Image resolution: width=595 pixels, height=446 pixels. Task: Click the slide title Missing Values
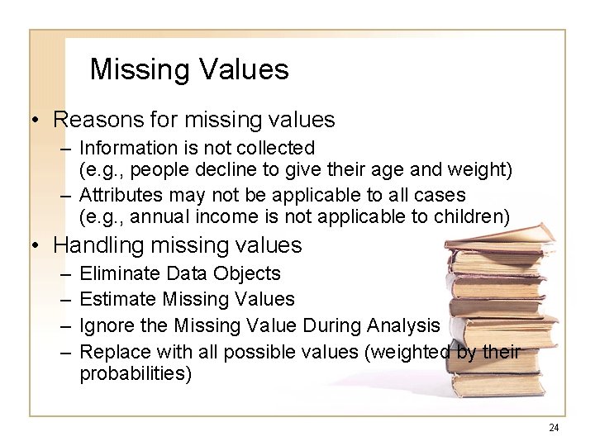(x=189, y=69)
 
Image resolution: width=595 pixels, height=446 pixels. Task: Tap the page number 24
(x=554, y=427)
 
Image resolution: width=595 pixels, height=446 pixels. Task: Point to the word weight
(x=481, y=170)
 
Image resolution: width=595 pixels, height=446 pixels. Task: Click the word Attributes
(x=120, y=195)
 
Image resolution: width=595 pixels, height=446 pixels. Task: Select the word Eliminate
(x=117, y=273)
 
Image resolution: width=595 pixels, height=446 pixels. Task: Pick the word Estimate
(x=117, y=298)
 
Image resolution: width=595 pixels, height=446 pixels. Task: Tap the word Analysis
(x=402, y=325)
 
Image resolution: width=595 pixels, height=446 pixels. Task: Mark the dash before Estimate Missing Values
(x=67, y=298)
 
